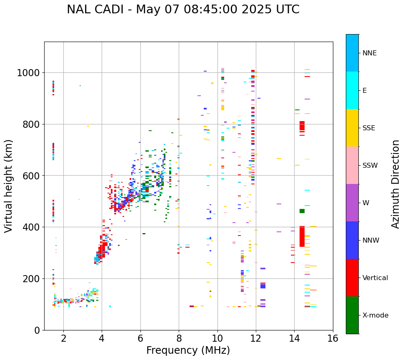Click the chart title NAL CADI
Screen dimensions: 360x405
[x=183, y=10]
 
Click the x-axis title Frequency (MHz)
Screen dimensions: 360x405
[x=188, y=350]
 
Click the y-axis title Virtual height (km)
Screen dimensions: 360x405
[x=9, y=186]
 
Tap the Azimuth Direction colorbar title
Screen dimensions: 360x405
[x=395, y=184]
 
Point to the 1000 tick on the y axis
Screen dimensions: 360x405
[x=28, y=73]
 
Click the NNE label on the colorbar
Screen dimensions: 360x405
[x=370, y=53]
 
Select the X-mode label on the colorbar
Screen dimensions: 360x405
[x=375, y=315]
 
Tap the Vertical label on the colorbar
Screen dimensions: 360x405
[x=375, y=278]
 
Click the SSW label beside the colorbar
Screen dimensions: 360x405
[x=370, y=165]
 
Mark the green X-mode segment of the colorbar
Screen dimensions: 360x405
[x=352, y=315]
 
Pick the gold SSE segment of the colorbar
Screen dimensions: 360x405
[x=352, y=128]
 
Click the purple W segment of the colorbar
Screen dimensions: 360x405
[x=352, y=203]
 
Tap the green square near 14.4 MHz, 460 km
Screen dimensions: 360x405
[x=302, y=211]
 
